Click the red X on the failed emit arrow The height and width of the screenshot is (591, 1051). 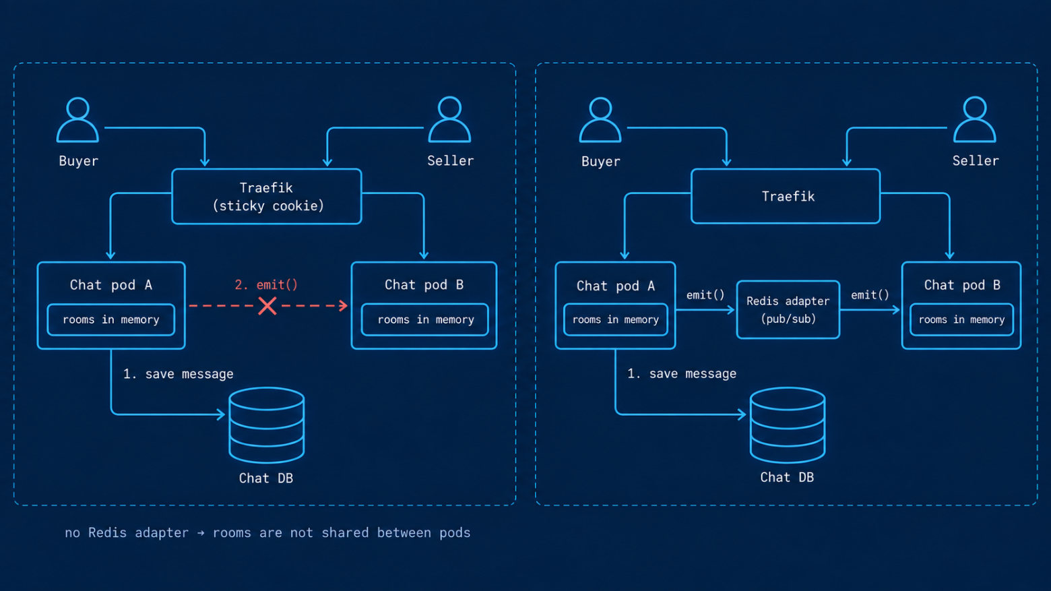tap(267, 306)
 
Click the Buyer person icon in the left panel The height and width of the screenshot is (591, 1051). tap(77, 119)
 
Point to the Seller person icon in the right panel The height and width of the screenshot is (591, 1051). tap(974, 119)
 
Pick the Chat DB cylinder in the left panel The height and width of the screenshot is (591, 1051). tap(267, 425)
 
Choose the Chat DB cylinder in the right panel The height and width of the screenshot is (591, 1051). tap(788, 425)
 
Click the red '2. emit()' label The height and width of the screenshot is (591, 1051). tap(266, 284)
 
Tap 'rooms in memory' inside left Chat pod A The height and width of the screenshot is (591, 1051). tap(110, 319)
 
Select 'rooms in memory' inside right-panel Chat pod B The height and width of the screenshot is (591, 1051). tap(961, 319)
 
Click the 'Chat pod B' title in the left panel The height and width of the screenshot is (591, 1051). tap(424, 284)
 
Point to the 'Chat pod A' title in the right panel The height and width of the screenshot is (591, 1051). tap(615, 286)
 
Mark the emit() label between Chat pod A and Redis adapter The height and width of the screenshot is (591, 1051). tap(705, 294)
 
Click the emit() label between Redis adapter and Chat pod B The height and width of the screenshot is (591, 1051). tap(870, 294)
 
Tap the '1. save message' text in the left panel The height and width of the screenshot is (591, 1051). tap(178, 373)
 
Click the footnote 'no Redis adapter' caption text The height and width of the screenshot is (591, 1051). tap(127, 533)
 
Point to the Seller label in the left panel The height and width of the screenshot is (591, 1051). tap(451, 160)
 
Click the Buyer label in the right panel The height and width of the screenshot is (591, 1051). tap(600, 162)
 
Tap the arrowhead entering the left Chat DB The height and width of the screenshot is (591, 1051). tap(221, 414)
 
